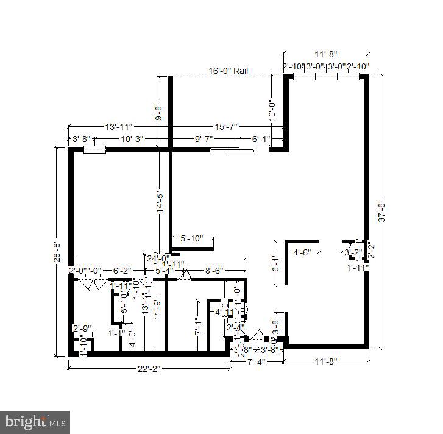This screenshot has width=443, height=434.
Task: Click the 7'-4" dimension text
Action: tap(256, 362)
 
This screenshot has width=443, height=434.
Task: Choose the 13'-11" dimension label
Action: tap(119, 127)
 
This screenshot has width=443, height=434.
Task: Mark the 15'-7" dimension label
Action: tap(227, 127)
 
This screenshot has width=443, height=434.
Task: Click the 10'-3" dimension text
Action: tap(132, 139)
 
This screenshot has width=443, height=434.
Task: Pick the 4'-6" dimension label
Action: tap(303, 252)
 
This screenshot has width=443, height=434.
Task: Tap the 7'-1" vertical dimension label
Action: tap(197, 327)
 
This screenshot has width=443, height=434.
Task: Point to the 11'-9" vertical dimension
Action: tap(157, 308)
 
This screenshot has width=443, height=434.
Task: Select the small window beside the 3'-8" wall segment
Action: tap(94, 149)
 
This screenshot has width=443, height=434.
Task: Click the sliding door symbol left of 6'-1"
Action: tap(238, 149)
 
